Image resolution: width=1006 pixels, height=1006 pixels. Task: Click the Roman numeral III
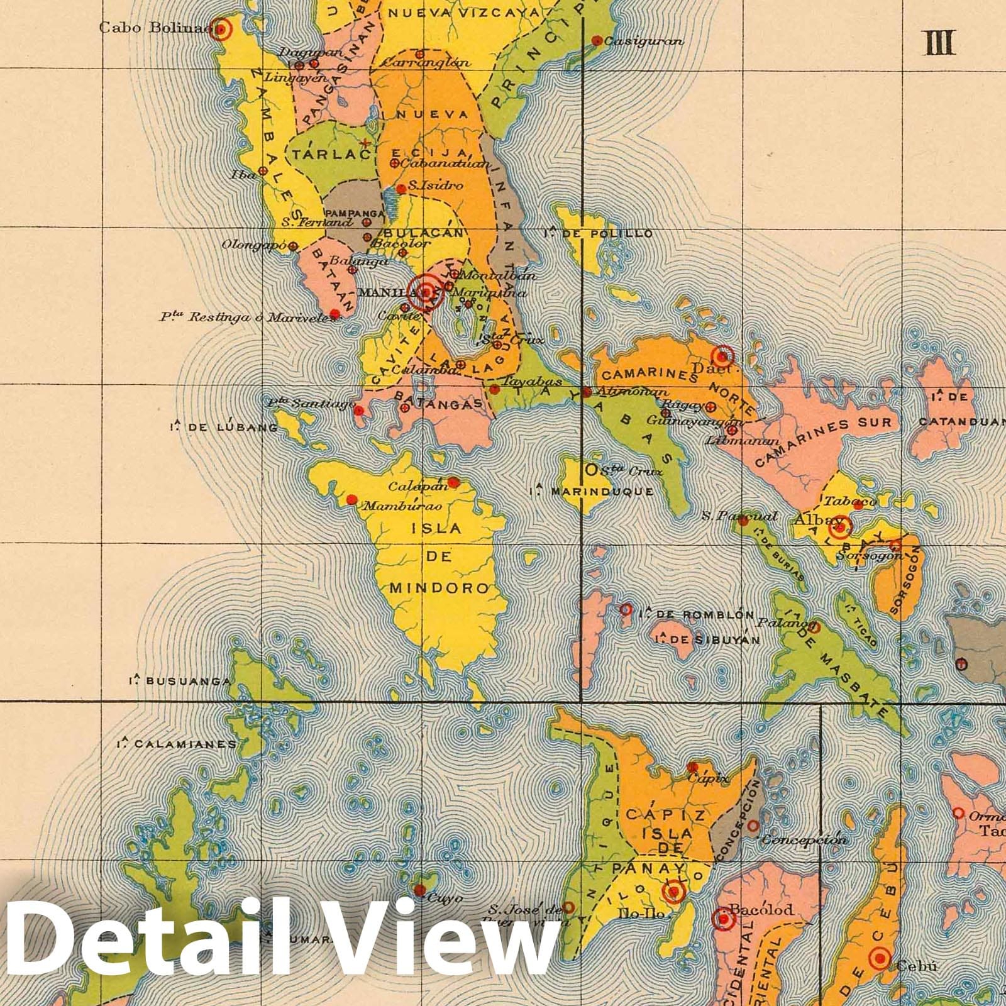click(x=940, y=43)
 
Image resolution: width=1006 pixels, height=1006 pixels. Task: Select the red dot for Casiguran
click(x=597, y=41)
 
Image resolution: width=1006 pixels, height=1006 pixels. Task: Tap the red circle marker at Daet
click(x=723, y=357)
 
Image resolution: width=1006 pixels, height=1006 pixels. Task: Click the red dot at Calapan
click(x=453, y=483)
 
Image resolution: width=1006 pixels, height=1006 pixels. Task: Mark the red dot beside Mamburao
click(x=352, y=500)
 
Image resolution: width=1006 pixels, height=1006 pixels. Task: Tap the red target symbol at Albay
click(x=839, y=529)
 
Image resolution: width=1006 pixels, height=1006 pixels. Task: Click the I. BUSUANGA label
click(x=180, y=681)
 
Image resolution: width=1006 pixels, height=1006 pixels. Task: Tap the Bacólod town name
click(x=761, y=909)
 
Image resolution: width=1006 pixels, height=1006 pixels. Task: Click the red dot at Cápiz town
click(x=693, y=767)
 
